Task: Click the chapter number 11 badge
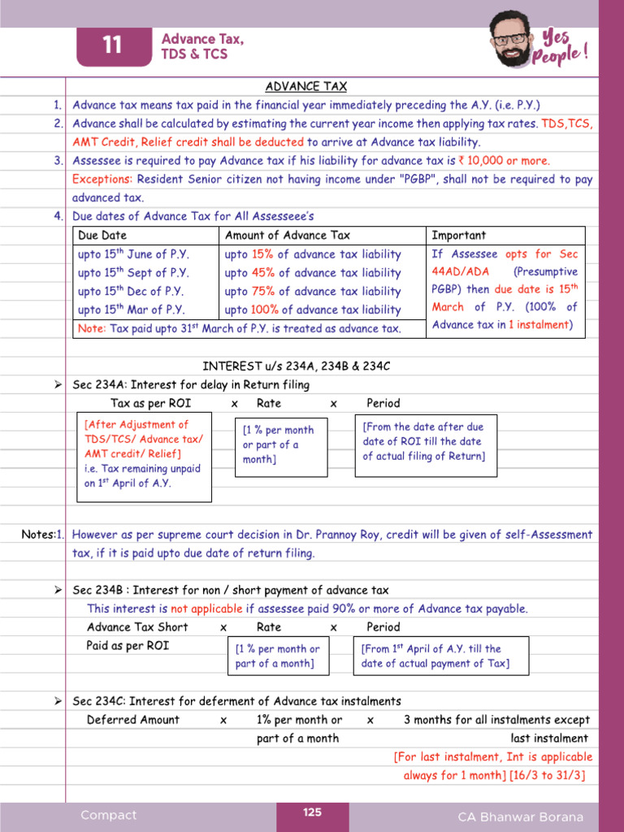[113, 46]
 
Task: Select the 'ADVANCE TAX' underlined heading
[306, 87]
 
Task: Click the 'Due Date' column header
[102, 236]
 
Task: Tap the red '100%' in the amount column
[265, 310]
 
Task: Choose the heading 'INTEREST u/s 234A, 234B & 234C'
[296, 366]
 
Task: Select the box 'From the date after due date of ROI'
[425, 442]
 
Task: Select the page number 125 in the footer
[313, 812]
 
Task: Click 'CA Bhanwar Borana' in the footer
[520, 817]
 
